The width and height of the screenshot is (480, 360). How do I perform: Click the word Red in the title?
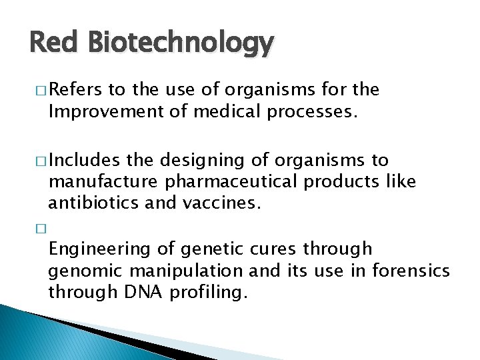click(x=51, y=43)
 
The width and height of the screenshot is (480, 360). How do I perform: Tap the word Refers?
click(x=74, y=89)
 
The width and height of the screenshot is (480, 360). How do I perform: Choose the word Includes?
click(x=81, y=160)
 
